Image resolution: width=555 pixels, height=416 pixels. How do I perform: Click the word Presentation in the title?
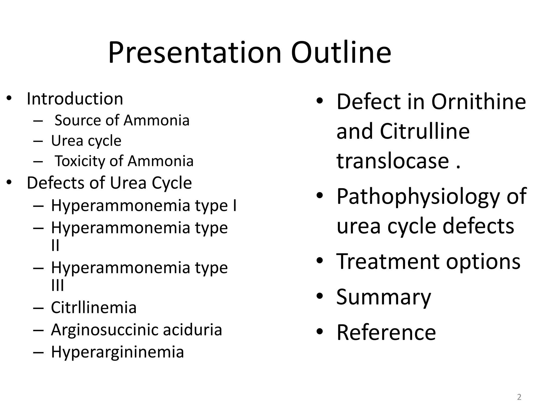(x=195, y=53)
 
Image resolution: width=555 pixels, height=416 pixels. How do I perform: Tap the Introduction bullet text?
(x=75, y=99)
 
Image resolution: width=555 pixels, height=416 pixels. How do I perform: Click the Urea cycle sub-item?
(x=86, y=141)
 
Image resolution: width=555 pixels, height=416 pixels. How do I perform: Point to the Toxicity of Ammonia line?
(x=124, y=161)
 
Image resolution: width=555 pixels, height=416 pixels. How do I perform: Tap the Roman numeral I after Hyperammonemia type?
(x=234, y=205)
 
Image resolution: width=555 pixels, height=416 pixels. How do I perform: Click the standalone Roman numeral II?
(x=55, y=245)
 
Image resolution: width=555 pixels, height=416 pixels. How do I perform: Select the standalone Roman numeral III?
(x=57, y=285)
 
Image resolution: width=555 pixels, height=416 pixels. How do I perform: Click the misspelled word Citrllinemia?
(x=93, y=308)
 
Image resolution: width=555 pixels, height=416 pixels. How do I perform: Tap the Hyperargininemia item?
(x=117, y=352)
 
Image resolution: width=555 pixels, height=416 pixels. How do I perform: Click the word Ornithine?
(x=478, y=102)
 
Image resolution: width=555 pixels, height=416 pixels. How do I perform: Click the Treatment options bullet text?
(x=428, y=261)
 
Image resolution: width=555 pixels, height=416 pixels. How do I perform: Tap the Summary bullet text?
(x=383, y=297)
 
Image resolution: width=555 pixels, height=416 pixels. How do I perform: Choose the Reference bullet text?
(x=386, y=332)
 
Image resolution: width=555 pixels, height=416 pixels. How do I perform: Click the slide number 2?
(x=519, y=397)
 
